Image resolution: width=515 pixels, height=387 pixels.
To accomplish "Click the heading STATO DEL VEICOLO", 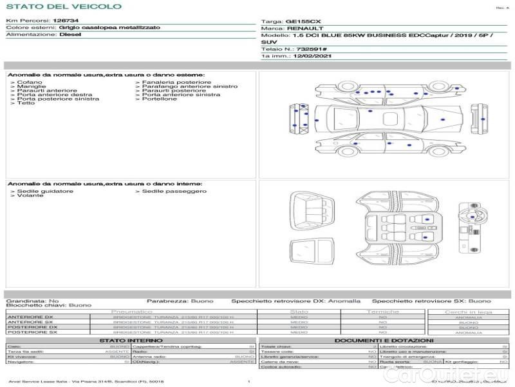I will tap(63, 6).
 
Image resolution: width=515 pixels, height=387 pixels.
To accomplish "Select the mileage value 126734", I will tap(65, 21).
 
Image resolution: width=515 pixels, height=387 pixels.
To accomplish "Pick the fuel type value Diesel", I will tap(70, 35).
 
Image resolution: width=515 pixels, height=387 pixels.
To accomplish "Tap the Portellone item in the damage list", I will tap(159, 99).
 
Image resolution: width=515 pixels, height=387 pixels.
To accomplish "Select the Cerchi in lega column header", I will tap(468, 312).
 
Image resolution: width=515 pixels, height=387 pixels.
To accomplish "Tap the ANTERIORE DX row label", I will tap(30, 317).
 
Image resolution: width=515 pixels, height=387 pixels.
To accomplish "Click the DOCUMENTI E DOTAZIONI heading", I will tap(384, 340).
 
